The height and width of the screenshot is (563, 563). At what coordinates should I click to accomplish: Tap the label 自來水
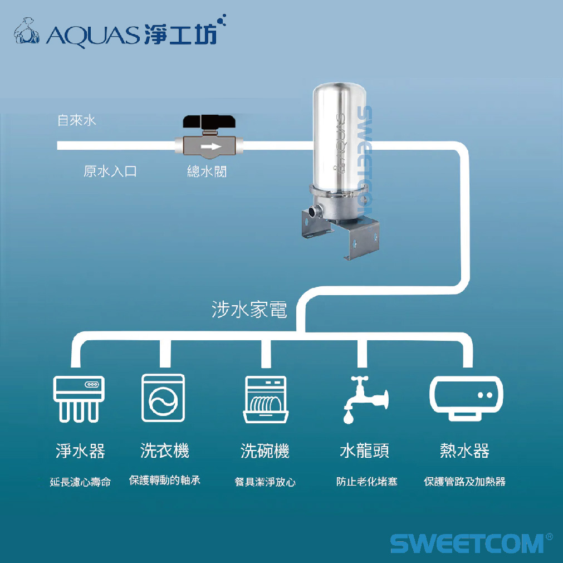click(77, 120)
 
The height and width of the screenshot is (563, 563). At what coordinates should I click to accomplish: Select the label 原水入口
click(110, 171)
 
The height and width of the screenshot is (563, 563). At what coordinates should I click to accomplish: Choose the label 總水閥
click(207, 171)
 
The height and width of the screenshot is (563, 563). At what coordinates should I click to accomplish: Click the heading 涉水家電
click(249, 310)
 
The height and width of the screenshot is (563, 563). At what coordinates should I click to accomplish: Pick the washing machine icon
click(163, 398)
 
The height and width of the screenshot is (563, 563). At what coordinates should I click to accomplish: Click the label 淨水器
click(80, 451)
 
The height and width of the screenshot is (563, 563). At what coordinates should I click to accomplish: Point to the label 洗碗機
click(265, 451)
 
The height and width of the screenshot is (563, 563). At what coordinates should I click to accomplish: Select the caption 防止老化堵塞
click(367, 481)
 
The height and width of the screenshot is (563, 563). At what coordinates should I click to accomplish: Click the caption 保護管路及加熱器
click(464, 481)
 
